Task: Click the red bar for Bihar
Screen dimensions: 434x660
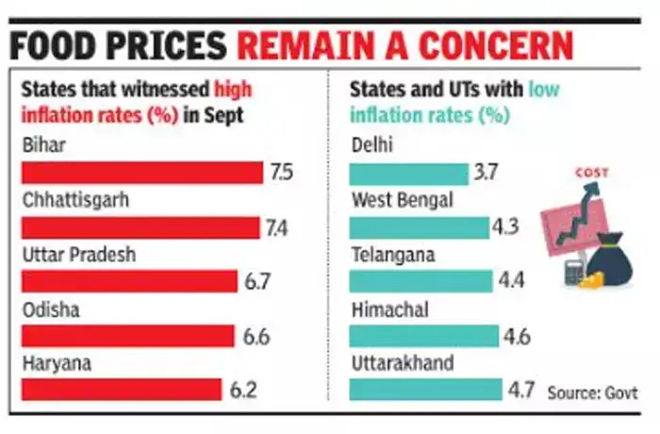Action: [x=141, y=174]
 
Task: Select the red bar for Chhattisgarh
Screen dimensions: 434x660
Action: [x=139, y=227]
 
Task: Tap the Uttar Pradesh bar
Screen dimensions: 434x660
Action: [x=128, y=281]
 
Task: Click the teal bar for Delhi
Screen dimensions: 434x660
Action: [x=408, y=174]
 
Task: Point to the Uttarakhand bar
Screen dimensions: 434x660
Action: [x=425, y=390]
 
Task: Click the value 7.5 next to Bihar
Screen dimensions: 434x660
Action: [x=281, y=174]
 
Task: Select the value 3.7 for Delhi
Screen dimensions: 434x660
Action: [x=487, y=174]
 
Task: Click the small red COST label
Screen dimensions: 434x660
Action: [x=592, y=173]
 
